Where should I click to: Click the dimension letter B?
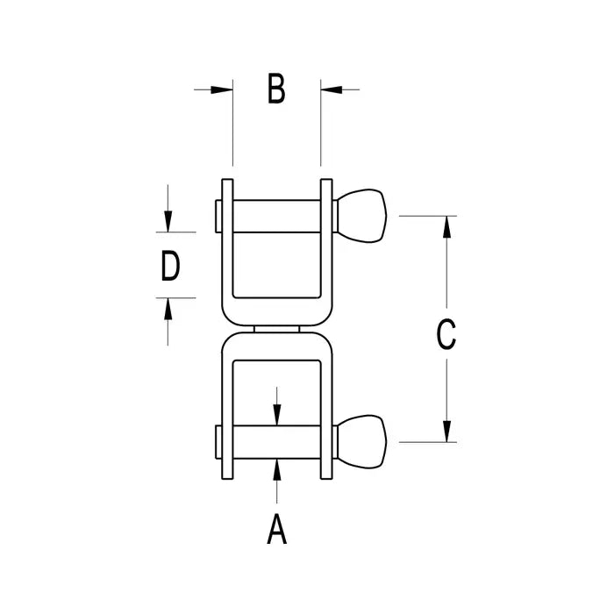pyautogui.click(x=276, y=89)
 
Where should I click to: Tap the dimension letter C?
pyautogui.click(x=446, y=334)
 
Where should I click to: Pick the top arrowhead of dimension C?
pyautogui.click(x=447, y=226)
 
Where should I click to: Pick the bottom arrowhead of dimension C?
pyautogui.click(x=447, y=431)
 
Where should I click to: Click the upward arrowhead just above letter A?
pyautogui.click(x=276, y=468)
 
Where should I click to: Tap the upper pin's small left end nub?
pyautogui.click(x=217, y=216)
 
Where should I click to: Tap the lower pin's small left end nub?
pyautogui.click(x=217, y=441)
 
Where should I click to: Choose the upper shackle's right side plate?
pyautogui.click(x=326, y=237)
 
